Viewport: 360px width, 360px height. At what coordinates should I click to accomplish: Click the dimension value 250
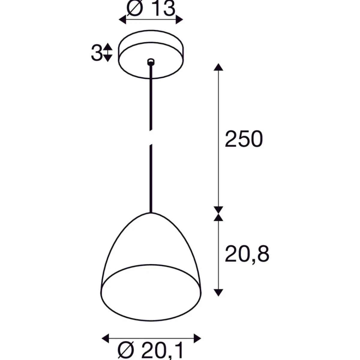point(244,139)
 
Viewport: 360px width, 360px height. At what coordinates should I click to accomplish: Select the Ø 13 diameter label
point(151,8)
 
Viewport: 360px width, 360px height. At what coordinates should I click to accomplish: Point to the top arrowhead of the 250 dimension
point(218,67)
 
